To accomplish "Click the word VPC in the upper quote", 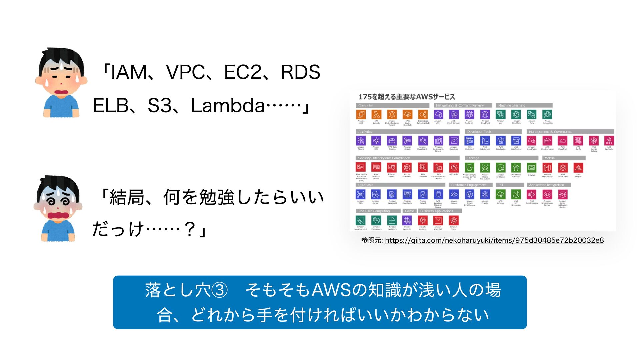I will (185, 72).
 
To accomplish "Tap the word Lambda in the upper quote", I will (228, 106).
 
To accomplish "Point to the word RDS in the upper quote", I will (300, 72).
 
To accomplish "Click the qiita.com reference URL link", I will (494, 240).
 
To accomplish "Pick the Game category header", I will (409, 211).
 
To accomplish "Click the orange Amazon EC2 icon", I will (361, 114).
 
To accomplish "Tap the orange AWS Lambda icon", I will (376, 114).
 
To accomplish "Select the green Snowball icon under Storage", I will (531, 167).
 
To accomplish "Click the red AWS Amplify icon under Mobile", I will (578, 167).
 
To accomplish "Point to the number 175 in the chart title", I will (365, 97).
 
